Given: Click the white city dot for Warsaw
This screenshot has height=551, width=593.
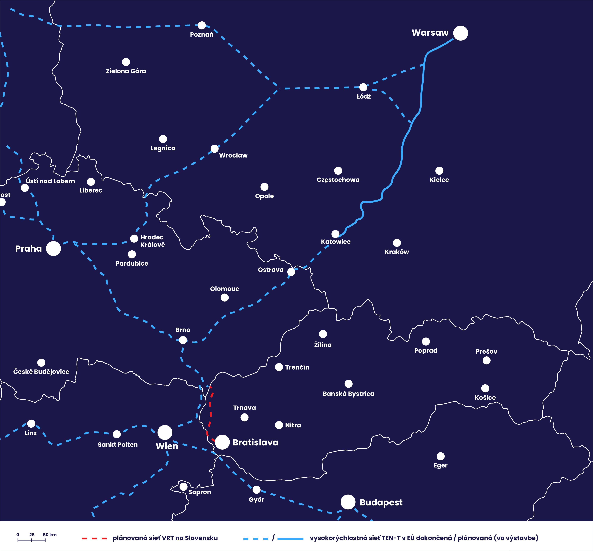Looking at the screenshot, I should [461, 33].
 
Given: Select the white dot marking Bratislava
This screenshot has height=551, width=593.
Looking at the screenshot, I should [222, 442].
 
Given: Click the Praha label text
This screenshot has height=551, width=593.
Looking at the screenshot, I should [29, 249].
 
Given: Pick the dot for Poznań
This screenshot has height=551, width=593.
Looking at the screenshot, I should [202, 25].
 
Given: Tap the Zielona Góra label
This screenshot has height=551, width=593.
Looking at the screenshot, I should [126, 71].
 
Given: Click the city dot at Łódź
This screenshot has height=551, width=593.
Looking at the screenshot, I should [363, 87].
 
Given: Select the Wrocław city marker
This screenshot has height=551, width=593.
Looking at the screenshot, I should [214, 148].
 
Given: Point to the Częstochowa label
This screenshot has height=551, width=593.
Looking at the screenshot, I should [338, 180].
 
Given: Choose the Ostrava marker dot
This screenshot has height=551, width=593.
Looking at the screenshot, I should [291, 272].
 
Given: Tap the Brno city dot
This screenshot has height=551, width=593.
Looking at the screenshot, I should [183, 340].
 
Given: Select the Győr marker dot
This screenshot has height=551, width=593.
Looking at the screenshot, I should [256, 490].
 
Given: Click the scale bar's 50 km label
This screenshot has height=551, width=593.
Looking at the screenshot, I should [50, 535].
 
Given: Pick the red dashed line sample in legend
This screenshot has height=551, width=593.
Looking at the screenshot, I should [94, 538].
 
